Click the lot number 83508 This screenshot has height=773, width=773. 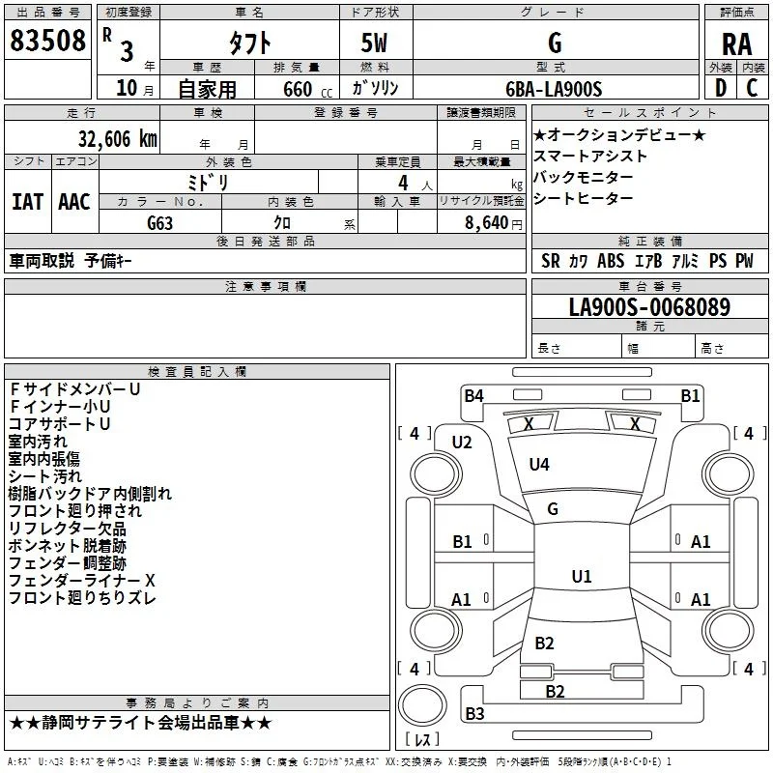click(47, 40)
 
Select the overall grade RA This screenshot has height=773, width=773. click(736, 44)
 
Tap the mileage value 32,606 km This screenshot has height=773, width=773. click(117, 139)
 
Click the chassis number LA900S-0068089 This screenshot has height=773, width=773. click(649, 306)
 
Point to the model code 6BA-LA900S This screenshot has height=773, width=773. click(554, 89)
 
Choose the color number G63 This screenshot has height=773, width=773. click(159, 223)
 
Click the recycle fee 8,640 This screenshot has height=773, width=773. click(487, 222)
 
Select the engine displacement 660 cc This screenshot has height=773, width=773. click(307, 89)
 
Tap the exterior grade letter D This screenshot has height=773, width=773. click(721, 88)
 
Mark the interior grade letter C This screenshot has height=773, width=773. click(752, 88)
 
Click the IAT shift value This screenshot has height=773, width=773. click(28, 202)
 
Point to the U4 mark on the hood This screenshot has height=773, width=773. click(539, 464)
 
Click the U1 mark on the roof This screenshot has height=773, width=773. click(582, 576)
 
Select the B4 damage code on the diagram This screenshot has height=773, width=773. click(473, 395)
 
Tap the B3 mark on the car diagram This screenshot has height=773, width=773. click(474, 713)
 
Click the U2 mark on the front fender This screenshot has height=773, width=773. click(462, 443)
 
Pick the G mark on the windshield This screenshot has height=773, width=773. click(553, 509)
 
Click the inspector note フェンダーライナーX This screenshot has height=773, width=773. click(82, 581)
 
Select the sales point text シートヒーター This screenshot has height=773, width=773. click(584, 198)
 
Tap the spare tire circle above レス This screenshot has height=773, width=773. click(422, 705)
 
